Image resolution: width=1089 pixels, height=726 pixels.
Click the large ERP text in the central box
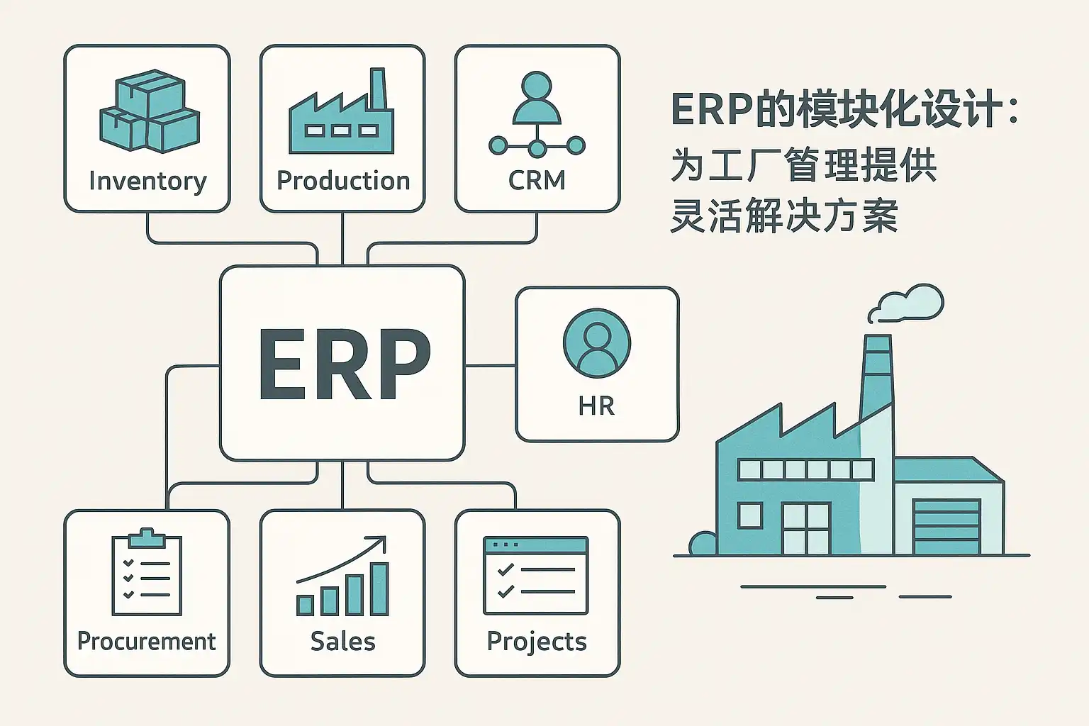pos(344,364)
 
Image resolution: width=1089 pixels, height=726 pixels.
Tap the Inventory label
pos(147,181)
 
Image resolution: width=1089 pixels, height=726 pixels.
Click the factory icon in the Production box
pos(341,117)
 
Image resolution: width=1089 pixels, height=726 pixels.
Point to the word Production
pos(343,181)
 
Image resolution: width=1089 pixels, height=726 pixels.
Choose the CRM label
pos(537,181)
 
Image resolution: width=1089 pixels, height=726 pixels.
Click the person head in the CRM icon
pos(537,84)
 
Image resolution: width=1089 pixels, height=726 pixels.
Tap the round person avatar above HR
pos(596,342)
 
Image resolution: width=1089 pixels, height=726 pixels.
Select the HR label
pos(596,406)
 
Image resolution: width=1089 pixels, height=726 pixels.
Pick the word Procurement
pos(147,641)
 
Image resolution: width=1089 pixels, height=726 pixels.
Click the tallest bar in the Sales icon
pos(380,588)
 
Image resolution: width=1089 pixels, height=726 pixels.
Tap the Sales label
pos(342,641)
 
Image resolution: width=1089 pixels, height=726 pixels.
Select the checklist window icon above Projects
pos(536,575)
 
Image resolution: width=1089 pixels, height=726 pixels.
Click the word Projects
pos(537,641)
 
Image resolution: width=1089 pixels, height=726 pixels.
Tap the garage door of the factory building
pos(946,527)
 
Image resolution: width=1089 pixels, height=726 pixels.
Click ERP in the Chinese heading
pos(711,109)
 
